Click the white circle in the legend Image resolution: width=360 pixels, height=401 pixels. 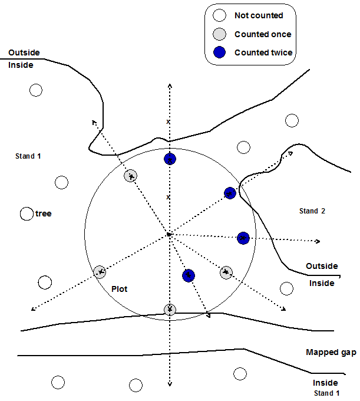coord(219,16)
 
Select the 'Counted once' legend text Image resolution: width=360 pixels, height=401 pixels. coord(262,34)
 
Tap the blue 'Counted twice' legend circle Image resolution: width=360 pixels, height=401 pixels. coord(219,52)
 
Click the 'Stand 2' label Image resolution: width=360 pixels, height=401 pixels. coord(312,211)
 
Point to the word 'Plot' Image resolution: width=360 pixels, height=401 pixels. coord(120,290)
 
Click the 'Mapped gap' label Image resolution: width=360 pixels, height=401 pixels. coord(331,352)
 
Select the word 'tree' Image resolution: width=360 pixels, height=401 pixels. coord(43,213)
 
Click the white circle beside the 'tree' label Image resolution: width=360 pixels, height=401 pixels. coord(26,213)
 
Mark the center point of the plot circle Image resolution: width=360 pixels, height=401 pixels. coord(169,235)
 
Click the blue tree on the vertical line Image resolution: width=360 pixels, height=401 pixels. coord(170,160)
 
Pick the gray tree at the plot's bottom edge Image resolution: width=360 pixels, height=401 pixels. coord(170,310)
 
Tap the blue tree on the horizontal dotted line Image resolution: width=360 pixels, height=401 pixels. coord(243,238)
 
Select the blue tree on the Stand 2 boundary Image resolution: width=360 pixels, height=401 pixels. coord(230,193)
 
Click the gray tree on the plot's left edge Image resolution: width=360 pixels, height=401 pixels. coord(100,272)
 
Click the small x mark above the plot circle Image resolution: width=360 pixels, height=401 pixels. coord(169,122)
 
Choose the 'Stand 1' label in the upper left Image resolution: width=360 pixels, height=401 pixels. coord(28,156)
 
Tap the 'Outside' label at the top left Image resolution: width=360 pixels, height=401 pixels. coord(24,53)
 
